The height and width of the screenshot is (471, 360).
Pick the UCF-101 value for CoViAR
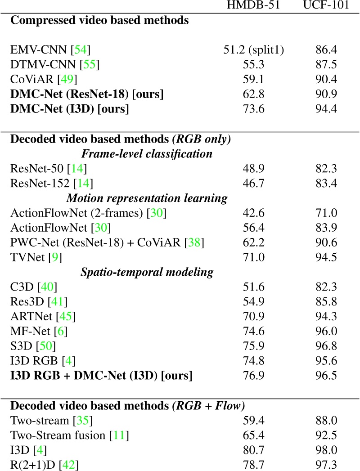[x=325, y=80]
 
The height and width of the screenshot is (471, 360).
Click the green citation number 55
[x=90, y=64]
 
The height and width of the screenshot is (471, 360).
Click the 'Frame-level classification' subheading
[x=147, y=154]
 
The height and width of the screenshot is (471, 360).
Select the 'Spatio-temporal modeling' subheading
[x=147, y=272]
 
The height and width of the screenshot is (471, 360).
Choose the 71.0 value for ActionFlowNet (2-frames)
[x=325, y=213]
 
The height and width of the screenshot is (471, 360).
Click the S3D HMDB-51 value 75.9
[x=253, y=346]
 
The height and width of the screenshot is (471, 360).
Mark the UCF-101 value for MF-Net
[x=325, y=332]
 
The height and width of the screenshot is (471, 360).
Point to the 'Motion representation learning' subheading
[x=147, y=198]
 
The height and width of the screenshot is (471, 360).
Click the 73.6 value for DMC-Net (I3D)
[x=253, y=109]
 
